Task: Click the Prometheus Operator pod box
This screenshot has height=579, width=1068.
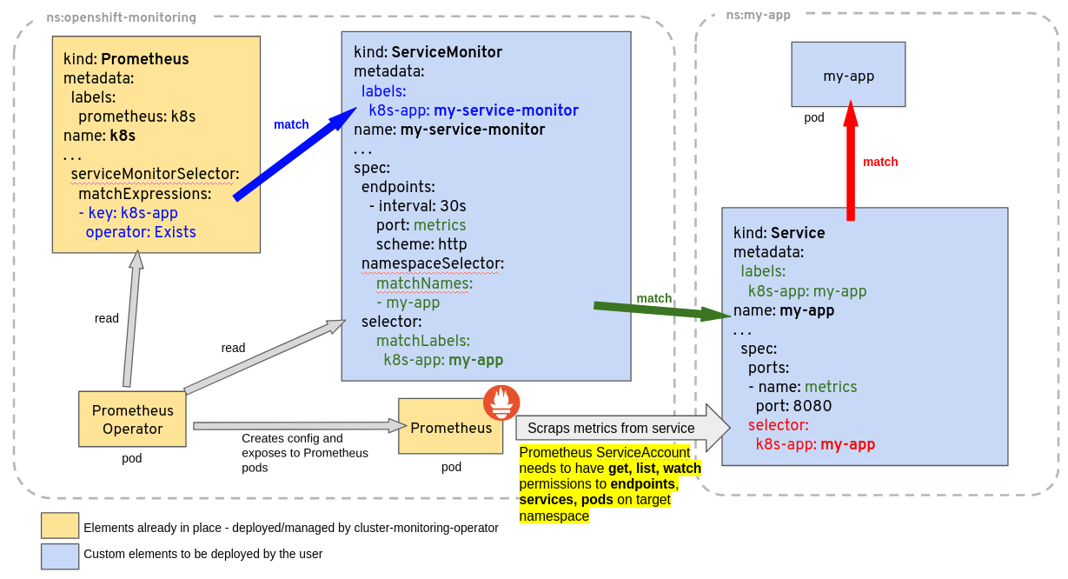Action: pos(132,419)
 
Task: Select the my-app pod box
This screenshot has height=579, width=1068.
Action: pos(848,75)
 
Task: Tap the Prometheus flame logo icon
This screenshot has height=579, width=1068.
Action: pos(501,403)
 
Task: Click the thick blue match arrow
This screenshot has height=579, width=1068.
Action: pos(295,154)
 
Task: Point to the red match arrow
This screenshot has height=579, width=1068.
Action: pos(851,161)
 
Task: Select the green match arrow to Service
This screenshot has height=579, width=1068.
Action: pos(660,309)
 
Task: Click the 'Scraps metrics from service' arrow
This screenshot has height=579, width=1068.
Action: pos(621,428)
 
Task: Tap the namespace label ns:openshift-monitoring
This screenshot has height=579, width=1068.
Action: pos(121,17)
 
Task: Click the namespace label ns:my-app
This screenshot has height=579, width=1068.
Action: pos(758,15)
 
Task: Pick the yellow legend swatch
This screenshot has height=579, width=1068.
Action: pos(60,526)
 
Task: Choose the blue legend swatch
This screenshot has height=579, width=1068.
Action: pos(60,556)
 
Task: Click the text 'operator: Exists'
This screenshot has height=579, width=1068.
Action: pos(141,232)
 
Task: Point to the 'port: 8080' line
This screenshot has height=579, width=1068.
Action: pos(793,406)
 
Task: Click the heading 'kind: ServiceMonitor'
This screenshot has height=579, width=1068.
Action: pos(428,52)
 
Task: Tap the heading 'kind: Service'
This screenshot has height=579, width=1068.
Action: pos(779,233)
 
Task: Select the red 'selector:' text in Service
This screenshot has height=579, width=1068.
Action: pos(778,425)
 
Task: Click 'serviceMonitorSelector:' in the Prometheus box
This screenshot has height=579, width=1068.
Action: pos(155,174)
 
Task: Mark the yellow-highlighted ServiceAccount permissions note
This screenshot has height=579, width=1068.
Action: pos(608,484)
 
